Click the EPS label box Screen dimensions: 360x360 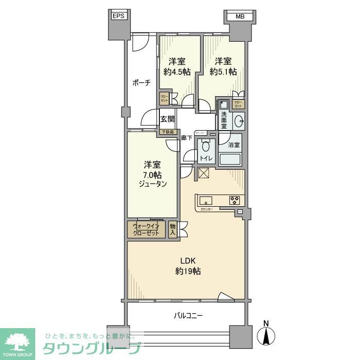point(118,16)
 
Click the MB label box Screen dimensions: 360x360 point(239,16)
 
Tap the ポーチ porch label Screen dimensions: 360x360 point(141,82)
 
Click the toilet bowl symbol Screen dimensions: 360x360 point(206,146)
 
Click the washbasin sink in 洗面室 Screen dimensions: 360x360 point(238,121)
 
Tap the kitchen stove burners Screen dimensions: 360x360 point(235,200)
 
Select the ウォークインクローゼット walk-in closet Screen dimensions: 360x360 point(147,229)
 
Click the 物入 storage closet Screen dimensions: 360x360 point(173,229)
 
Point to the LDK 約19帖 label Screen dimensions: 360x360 point(187,266)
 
